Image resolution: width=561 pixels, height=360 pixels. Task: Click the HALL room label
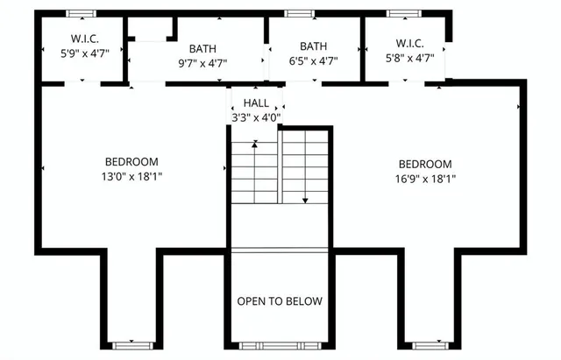click(x=256, y=102)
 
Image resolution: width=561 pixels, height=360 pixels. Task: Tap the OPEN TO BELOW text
click(x=280, y=301)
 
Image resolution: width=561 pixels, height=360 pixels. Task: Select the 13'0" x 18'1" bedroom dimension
click(x=131, y=176)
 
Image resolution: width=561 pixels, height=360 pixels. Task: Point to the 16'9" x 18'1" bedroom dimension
click(x=425, y=179)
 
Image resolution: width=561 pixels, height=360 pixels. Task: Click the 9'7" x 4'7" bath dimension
click(x=202, y=63)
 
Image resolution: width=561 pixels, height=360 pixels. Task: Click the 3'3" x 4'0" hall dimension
click(x=256, y=117)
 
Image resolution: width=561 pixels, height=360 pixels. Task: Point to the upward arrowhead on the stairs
click(x=254, y=145)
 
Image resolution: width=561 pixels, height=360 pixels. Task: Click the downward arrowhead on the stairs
click(x=305, y=200)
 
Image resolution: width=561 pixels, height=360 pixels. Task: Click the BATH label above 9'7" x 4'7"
click(x=202, y=49)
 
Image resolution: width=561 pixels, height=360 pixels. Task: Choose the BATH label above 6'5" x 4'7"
click(x=313, y=46)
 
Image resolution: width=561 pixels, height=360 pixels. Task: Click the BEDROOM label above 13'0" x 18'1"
click(x=131, y=161)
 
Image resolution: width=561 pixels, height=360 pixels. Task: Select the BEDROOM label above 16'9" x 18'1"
click(x=425, y=164)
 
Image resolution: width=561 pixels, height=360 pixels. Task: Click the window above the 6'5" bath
click(x=299, y=13)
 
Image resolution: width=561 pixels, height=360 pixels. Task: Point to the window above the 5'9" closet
click(x=81, y=13)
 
